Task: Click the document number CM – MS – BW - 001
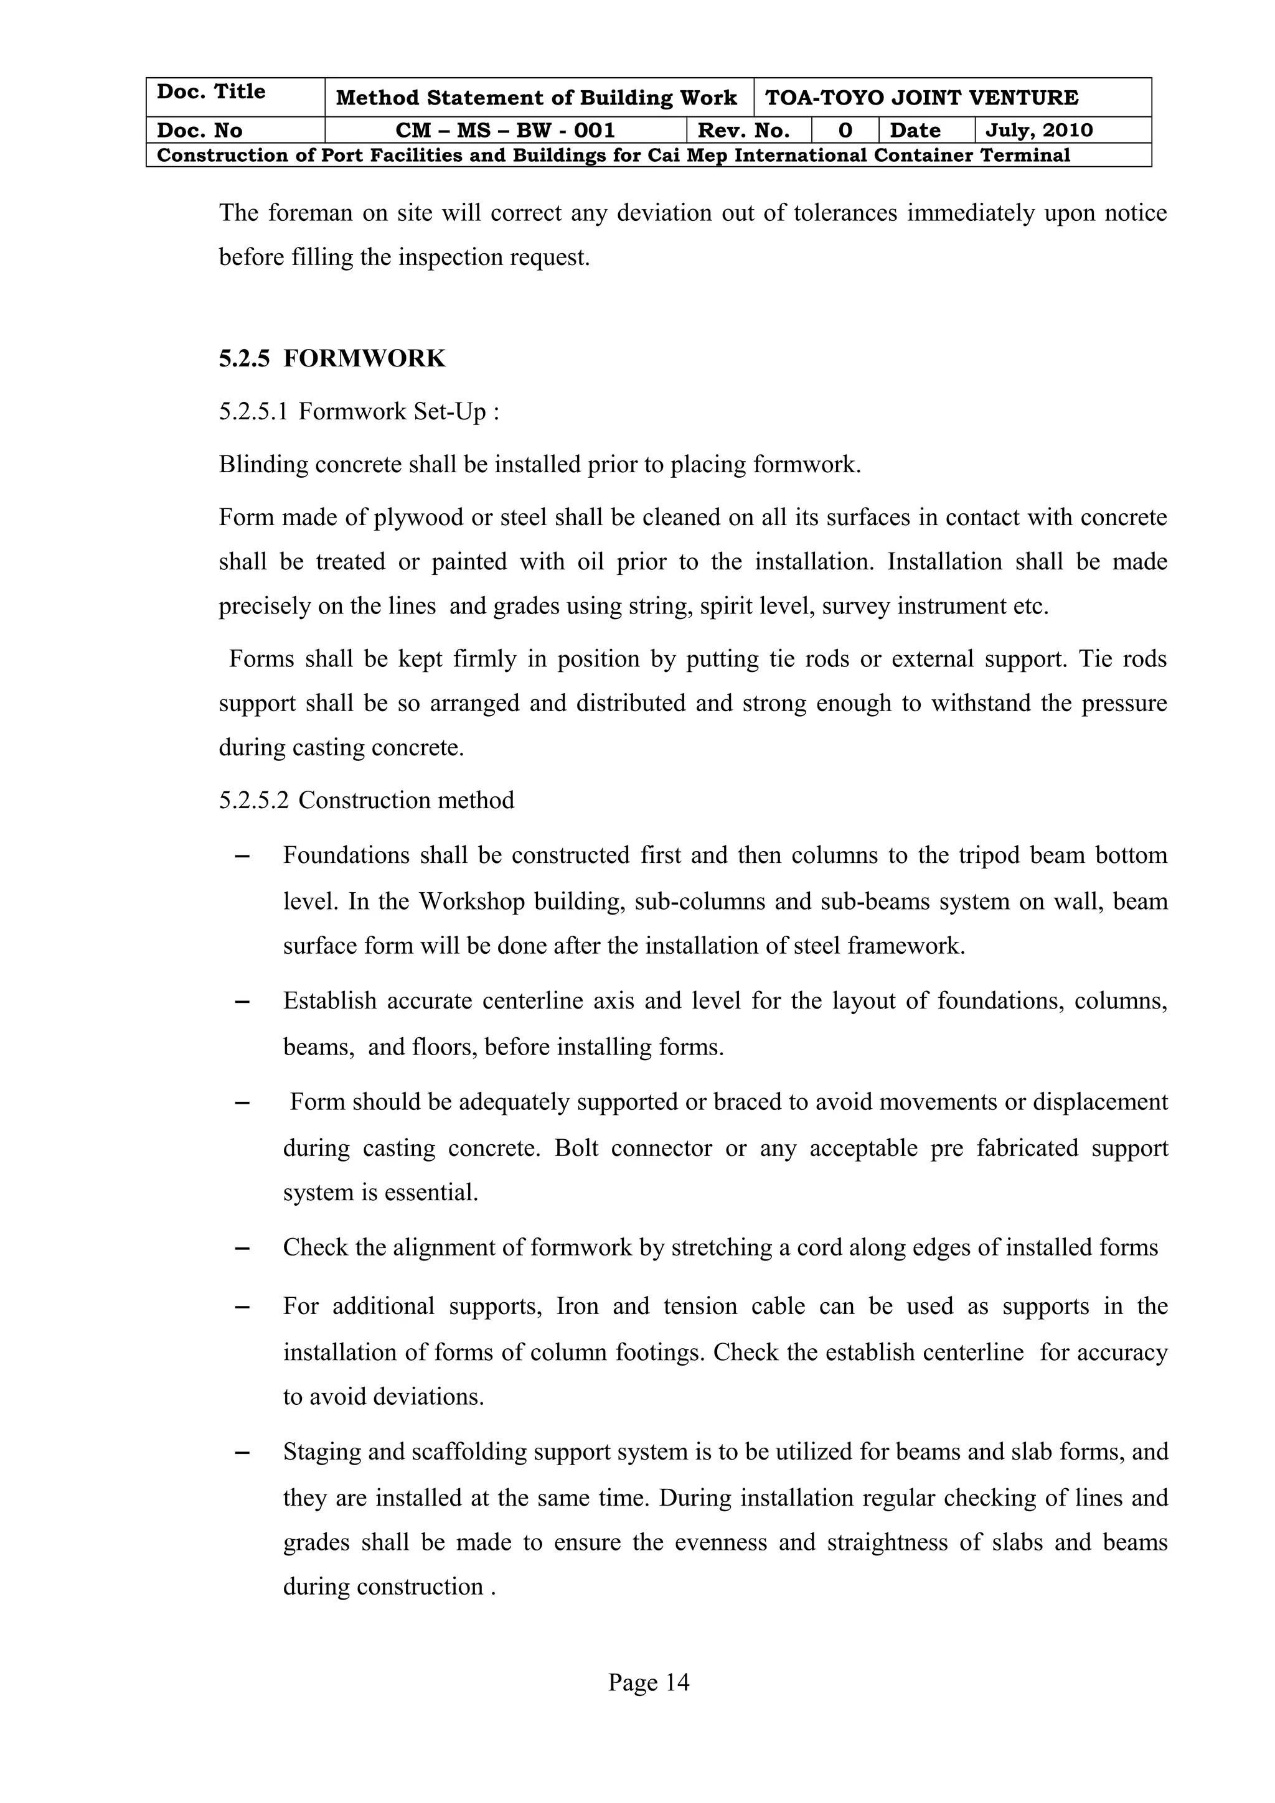tap(504, 131)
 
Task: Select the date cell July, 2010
tap(1038, 131)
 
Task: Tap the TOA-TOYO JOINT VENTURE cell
tap(921, 98)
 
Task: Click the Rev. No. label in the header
tap(743, 131)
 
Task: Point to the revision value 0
tap(845, 131)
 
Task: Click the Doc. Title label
tap(210, 92)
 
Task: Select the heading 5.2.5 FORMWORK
tap(332, 359)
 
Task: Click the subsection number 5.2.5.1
tap(253, 411)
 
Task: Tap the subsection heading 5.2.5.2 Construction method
tap(366, 800)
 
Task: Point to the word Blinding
tap(263, 465)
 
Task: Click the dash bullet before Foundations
tap(242, 856)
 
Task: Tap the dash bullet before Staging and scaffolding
tap(242, 1453)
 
